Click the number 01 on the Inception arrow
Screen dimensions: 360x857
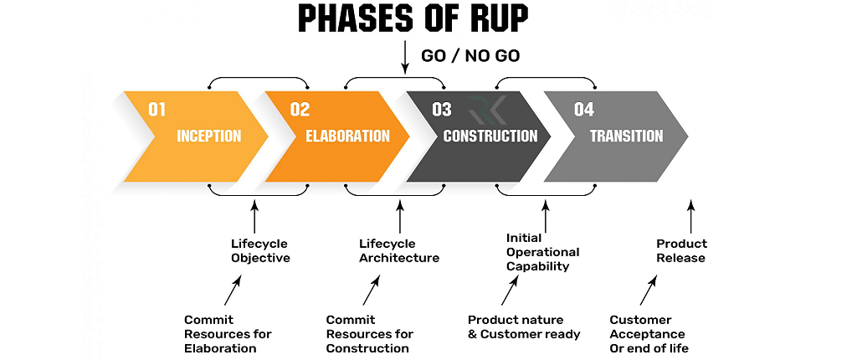coord(157,109)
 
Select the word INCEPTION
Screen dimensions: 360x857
coord(208,136)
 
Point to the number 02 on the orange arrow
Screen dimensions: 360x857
coord(300,109)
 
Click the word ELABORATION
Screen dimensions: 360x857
coord(347,136)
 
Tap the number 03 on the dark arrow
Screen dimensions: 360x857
coord(441,109)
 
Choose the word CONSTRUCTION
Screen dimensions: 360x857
coord(490,136)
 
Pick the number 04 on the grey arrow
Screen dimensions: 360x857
coord(584,109)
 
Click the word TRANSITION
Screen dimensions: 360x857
coord(626,136)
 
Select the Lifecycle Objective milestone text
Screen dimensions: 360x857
coord(260,251)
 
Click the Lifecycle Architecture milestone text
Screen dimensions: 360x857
coord(399,251)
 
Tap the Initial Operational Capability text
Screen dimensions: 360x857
coord(542,252)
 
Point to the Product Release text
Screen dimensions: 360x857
coord(680,251)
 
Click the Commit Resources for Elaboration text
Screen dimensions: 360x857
coord(228,333)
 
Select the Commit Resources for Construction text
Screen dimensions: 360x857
coord(369,333)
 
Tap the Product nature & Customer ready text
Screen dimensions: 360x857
coord(524,327)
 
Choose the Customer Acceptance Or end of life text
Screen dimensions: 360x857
coord(649,333)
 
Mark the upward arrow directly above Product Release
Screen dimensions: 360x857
coord(690,216)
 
